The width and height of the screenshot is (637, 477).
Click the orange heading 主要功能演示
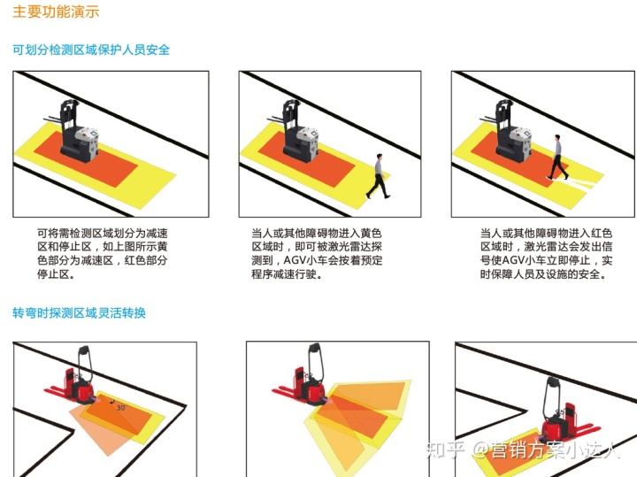[x=56, y=12]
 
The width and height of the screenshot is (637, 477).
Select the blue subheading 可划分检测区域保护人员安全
[x=91, y=50]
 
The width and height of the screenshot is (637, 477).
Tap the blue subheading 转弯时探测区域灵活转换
[x=79, y=313]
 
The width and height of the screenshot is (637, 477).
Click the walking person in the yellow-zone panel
[x=379, y=176]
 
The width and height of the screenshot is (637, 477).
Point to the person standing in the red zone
[x=557, y=157]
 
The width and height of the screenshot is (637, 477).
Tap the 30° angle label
[x=121, y=407]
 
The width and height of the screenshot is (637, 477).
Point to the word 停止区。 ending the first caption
[x=56, y=274]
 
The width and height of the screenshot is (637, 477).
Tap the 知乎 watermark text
[x=444, y=450]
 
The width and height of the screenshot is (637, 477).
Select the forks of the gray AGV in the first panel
[x=53, y=119]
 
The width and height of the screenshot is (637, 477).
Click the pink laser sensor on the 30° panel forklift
[x=97, y=400]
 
